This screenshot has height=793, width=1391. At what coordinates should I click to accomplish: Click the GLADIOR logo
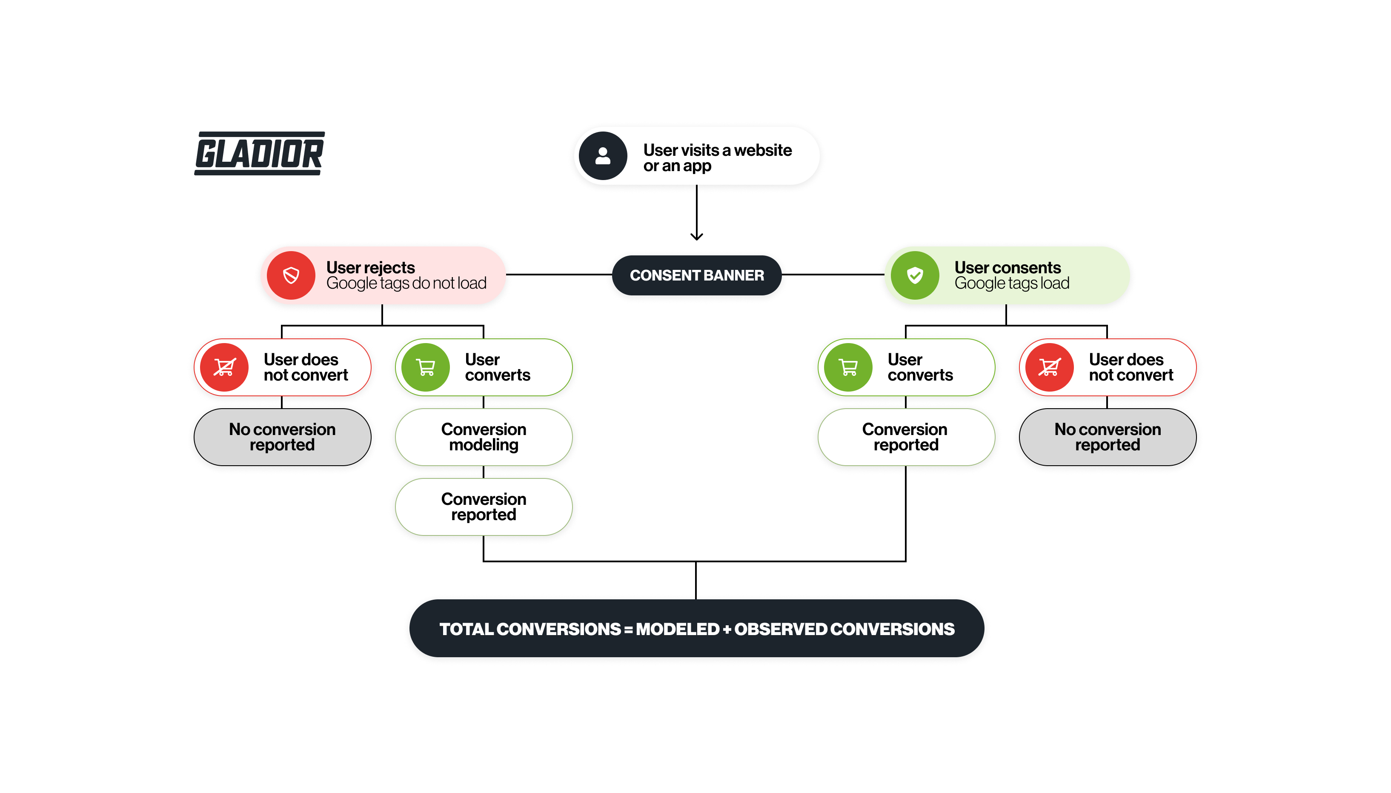[x=260, y=153]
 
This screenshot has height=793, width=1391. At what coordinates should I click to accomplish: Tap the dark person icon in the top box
[x=602, y=156]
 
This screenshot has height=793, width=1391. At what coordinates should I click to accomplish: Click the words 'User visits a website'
[x=717, y=150]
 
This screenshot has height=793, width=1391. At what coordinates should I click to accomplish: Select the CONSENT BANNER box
[x=697, y=275]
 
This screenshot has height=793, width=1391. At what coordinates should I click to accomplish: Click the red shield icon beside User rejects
[x=291, y=275]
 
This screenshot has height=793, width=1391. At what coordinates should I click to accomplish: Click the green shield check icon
[x=915, y=275]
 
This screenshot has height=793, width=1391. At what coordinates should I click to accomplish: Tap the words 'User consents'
[x=1007, y=267]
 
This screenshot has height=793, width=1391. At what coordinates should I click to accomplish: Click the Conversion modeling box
[x=484, y=437]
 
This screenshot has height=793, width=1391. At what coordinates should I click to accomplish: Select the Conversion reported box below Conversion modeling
[x=484, y=507]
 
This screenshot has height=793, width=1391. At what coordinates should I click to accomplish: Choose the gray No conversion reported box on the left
[x=282, y=437]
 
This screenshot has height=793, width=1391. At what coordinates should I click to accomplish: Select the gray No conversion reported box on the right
[x=1107, y=437]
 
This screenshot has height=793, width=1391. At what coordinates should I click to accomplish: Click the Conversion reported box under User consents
[x=905, y=437]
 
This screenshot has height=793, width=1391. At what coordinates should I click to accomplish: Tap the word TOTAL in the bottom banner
[x=466, y=630]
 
